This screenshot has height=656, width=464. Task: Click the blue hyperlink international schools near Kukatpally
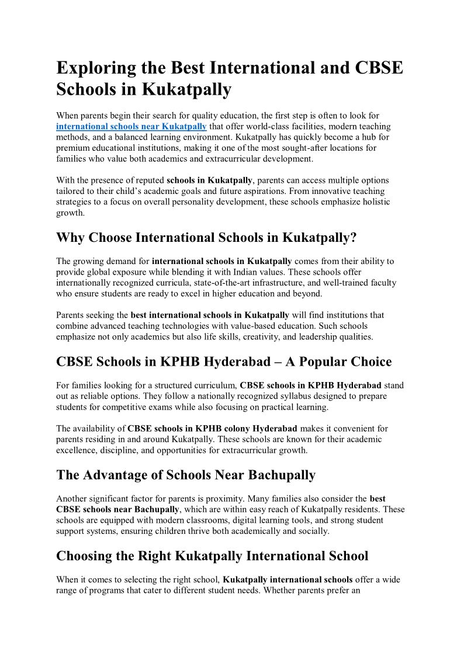pos(131,126)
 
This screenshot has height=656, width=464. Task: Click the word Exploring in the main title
pos(96,68)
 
